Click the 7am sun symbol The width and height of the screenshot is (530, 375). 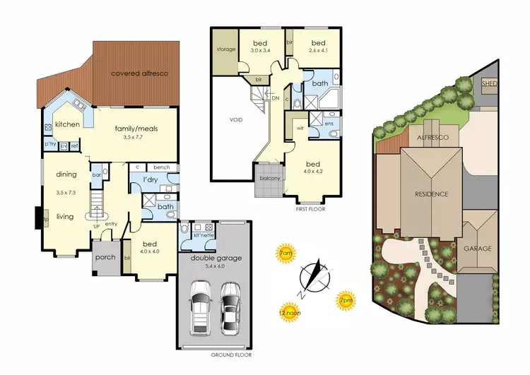[x=285, y=254]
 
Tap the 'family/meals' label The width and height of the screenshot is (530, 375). [x=136, y=129]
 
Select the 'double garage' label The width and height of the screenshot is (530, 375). [x=215, y=258]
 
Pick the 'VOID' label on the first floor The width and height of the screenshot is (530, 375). [x=236, y=119]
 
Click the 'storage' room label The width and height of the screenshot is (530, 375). [x=226, y=49]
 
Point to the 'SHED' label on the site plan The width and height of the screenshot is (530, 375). [x=489, y=83]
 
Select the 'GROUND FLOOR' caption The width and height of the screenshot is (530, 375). [x=230, y=355]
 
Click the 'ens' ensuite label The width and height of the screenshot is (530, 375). [x=329, y=123]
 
